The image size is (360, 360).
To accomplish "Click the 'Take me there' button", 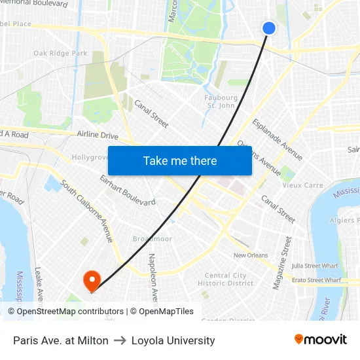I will coord(180,160).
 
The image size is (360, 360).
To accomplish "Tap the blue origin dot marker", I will coord(269,27).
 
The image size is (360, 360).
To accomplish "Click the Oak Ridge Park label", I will coord(60,53).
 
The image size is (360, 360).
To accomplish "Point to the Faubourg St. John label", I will coord(220,101).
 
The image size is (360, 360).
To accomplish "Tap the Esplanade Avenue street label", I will coord(278,139).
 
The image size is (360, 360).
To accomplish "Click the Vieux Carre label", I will coord(302,185).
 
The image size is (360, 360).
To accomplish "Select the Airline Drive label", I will coord(98,135).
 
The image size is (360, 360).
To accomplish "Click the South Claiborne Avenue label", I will coord(87,211).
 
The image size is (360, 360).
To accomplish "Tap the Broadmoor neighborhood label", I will coord(153,239).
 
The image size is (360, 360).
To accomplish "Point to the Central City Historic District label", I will coord(225,279).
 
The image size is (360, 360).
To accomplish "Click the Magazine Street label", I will coord(282,262).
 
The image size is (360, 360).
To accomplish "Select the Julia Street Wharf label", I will coord(316,266).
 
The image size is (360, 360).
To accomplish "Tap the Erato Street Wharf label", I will coord(316,280).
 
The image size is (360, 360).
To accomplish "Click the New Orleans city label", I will coord(251,255).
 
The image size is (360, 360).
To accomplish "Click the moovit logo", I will coord(320,340).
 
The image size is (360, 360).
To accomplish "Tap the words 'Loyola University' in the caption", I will coord(173,340).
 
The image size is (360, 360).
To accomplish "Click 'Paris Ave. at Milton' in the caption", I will coord(61,340).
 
